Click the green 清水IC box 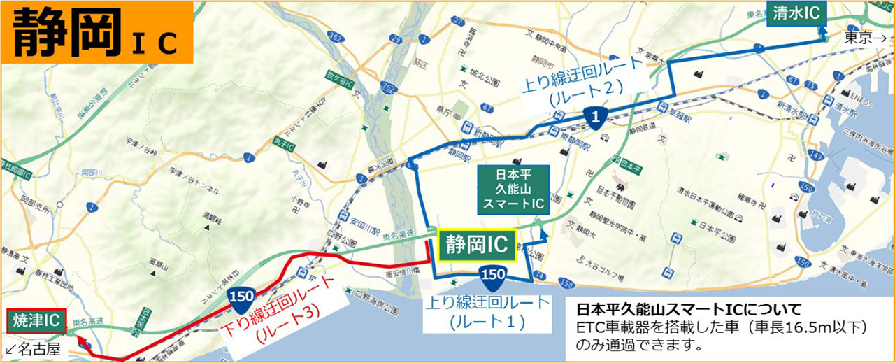point(795,13)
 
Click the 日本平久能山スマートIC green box point(514,190)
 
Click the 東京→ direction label point(866,37)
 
